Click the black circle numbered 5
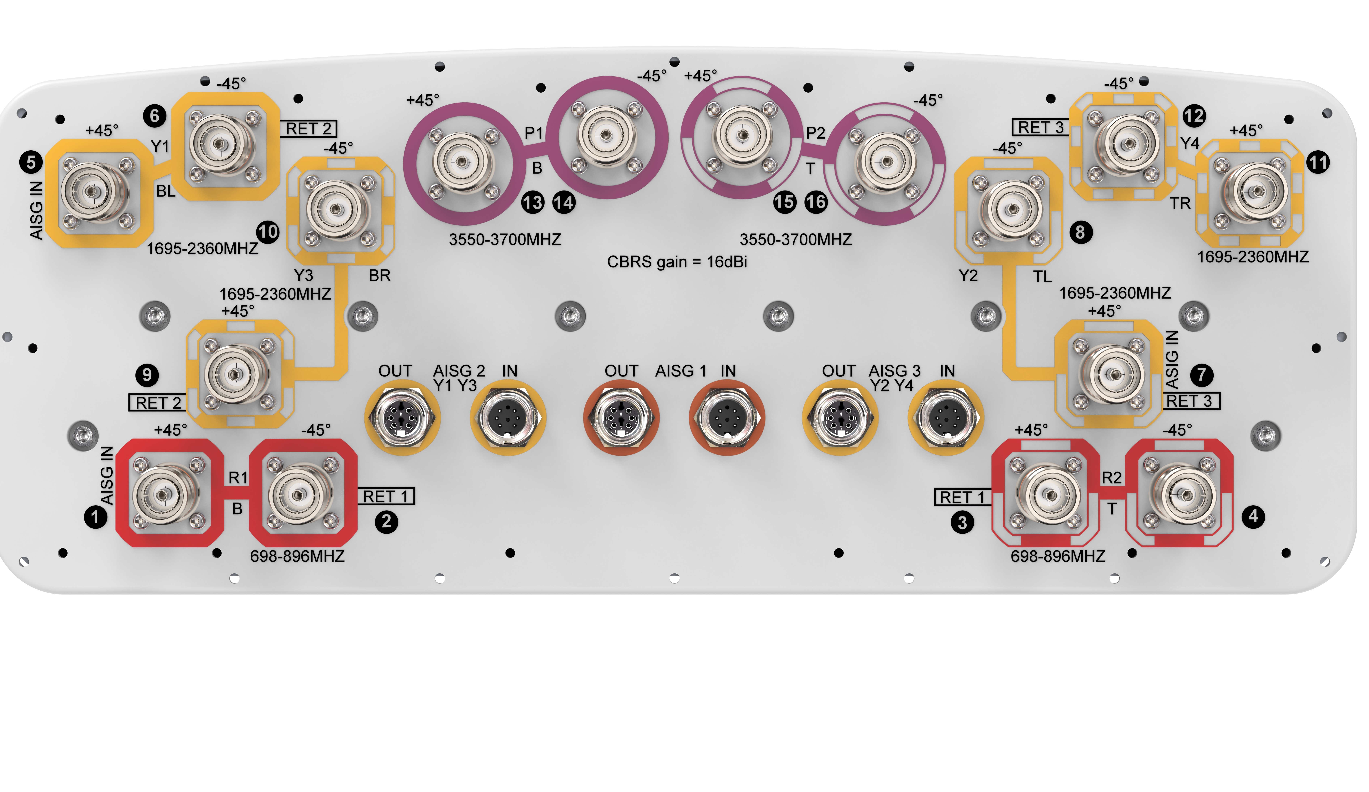coord(31,162)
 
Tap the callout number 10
coord(268,232)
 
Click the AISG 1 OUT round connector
coord(621,417)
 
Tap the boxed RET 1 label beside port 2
coord(386,496)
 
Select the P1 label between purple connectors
coord(533,133)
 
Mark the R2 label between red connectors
coord(1111,477)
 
